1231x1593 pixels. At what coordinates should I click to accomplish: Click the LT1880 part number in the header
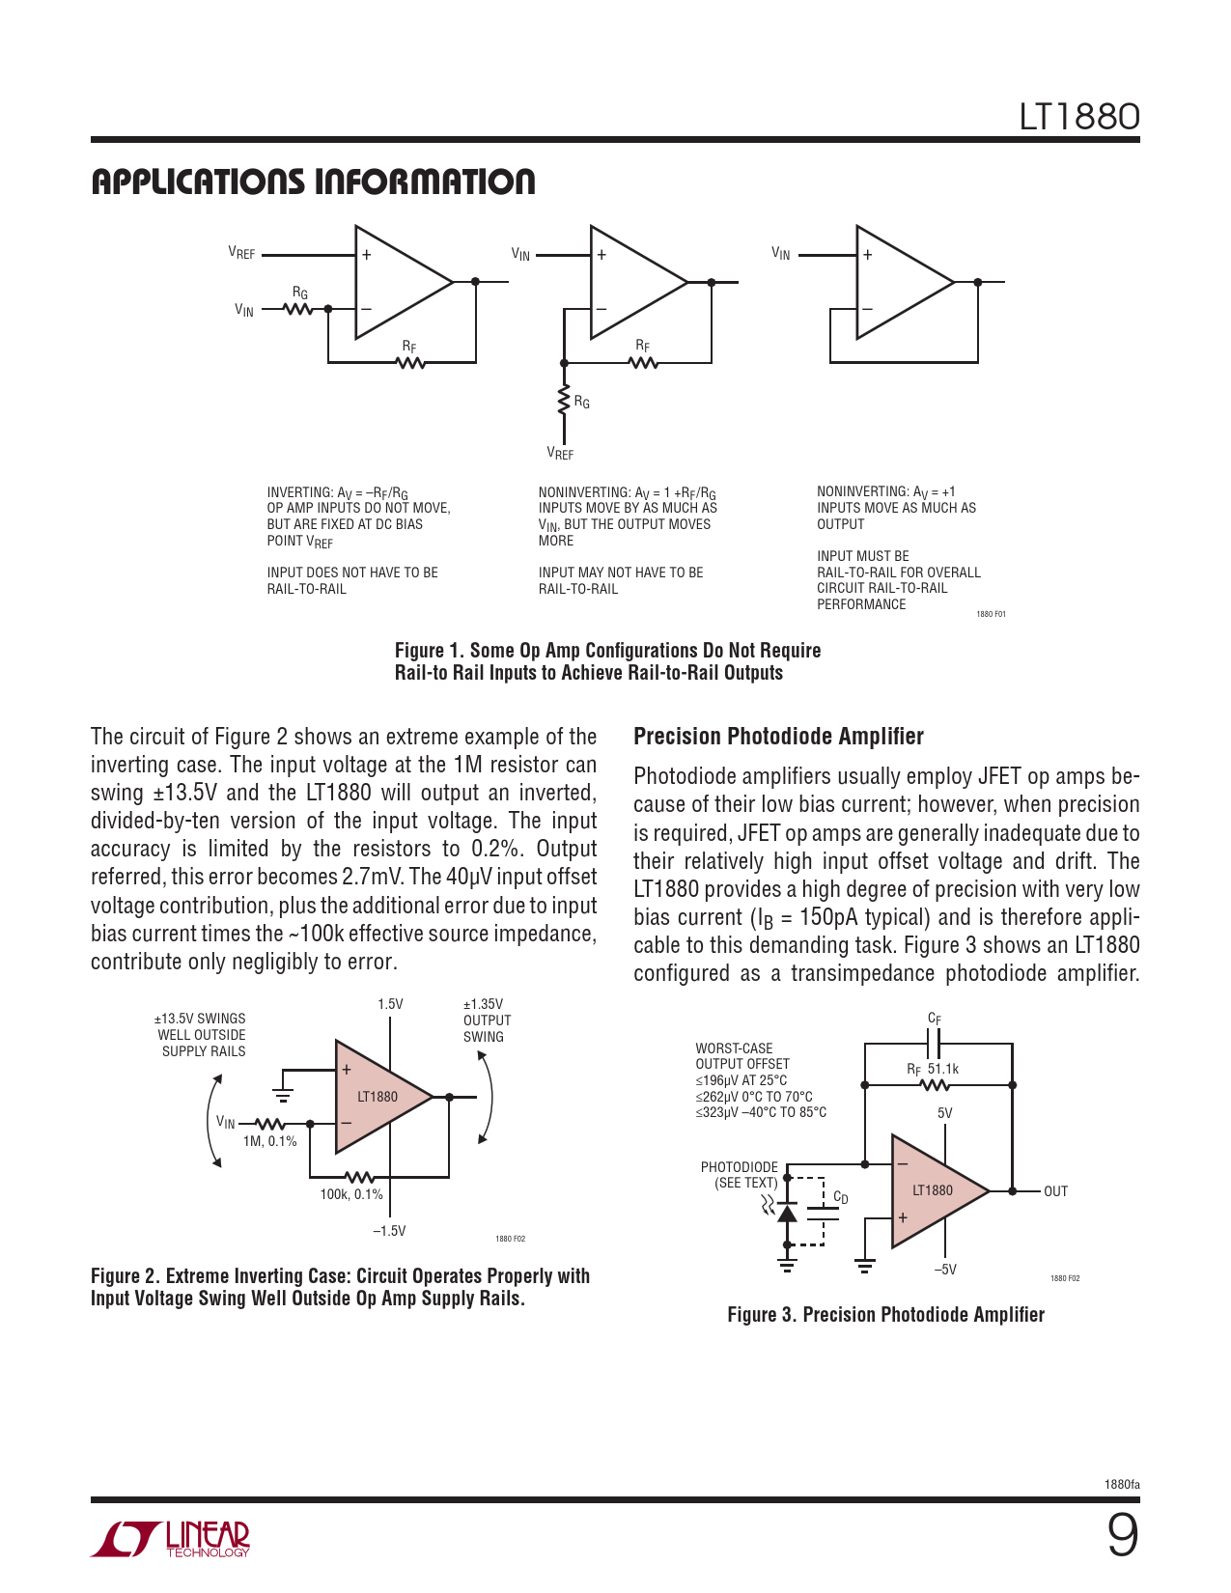click(x=1079, y=117)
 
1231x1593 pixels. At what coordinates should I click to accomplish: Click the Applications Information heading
click(x=313, y=182)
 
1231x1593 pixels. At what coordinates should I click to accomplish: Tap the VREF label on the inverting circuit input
click(x=241, y=253)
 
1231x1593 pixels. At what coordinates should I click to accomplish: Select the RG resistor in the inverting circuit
click(x=299, y=309)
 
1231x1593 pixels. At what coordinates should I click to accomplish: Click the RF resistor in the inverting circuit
click(x=410, y=362)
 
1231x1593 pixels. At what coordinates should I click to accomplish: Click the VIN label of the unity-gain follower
click(x=780, y=253)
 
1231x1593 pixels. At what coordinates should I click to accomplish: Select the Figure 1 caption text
click(x=607, y=661)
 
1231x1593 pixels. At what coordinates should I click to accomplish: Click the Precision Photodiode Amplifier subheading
click(x=778, y=737)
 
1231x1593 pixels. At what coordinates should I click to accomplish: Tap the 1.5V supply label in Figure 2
click(x=390, y=1004)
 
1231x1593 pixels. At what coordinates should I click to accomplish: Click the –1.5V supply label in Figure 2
click(x=389, y=1231)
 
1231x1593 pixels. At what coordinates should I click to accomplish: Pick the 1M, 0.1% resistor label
click(x=269, y=1141)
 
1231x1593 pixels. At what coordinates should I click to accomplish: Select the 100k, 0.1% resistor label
click(x=351, y=1194)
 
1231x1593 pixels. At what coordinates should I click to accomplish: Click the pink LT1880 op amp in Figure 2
click(x=378, y=1097)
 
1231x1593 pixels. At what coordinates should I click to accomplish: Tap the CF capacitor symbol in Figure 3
click(x=934, y=1043)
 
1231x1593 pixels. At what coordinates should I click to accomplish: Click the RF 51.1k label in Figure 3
click(x=933, y=1069)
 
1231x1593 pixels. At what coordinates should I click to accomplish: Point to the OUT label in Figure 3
click(x=1055, y=1191)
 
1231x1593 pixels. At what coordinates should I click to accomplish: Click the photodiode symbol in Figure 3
click(x=787, y=1212)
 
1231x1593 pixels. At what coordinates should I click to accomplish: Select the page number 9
click(x=1122, y=1535)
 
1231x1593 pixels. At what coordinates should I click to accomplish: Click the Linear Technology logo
click(x=171, y=1539)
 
